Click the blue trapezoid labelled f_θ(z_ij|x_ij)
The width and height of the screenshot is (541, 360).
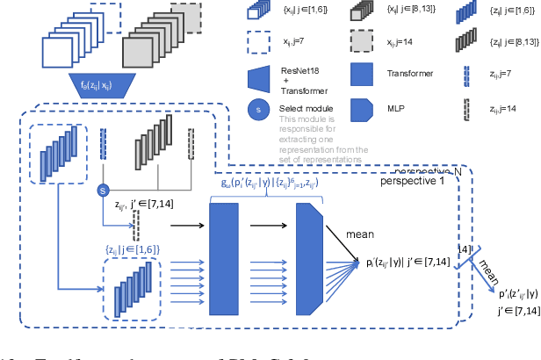click(x=99, y=85)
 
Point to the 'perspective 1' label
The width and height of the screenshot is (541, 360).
click(x=413, y=182)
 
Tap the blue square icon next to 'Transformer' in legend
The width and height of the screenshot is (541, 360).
click(x=367, y=75)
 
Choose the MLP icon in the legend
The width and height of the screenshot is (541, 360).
click(x=367, y=109)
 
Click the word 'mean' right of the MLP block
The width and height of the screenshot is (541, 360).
click(x=360, y=234)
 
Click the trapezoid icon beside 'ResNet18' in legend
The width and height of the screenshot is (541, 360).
click(x=258, y=77)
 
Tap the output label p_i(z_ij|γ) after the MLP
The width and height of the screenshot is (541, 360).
click(x=408, y=262)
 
